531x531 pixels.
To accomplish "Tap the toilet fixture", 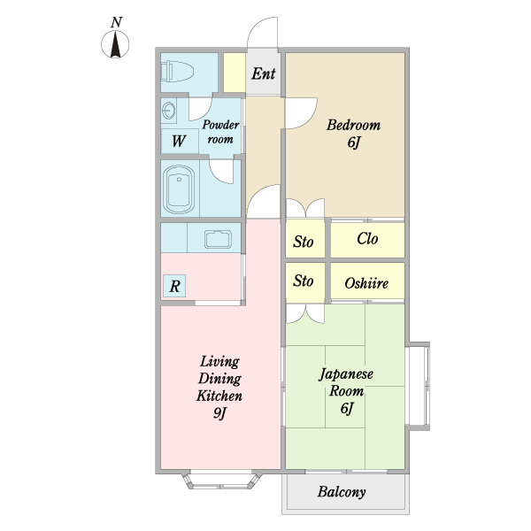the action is click(x=177, y=72).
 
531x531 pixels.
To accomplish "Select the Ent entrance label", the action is click(x=264, y=73).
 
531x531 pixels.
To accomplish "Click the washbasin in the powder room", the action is click(x=169, y=110).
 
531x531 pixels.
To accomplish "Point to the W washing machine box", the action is click(x=180, y=141).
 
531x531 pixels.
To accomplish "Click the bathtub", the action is click(x=179, y=189).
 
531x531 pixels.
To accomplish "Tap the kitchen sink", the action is click(x=218, y=240).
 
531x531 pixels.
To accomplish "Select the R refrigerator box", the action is click(x=174, y=286).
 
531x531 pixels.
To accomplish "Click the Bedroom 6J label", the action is click(x=353, y=134).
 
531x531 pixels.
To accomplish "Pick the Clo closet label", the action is click(x=367, y=239).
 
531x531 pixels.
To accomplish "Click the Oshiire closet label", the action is click(x=366, y=283).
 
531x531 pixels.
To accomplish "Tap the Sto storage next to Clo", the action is click(x=304, y=242).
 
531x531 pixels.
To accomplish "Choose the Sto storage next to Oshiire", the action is click(x=304, y=281).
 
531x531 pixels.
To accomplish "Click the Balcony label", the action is click(x=342, y=492).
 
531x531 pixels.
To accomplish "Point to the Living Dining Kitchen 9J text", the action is click(x=219, y=387).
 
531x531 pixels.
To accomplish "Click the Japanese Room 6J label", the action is click(x=346, y=391).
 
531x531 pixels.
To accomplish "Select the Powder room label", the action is click(x=220, y=132).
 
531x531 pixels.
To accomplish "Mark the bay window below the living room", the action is click(x=222, y=480).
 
